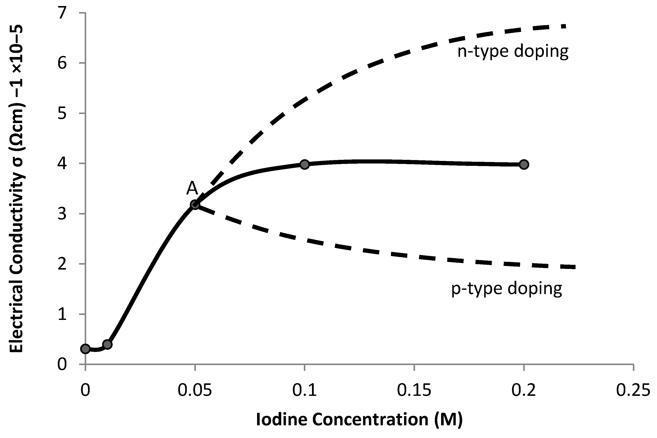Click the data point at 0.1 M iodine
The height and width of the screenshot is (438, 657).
coord(304,164)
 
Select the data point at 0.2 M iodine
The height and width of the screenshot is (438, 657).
coord(524,164)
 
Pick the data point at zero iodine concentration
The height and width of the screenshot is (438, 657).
coord(85,349)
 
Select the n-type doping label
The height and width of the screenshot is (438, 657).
coord(513,52)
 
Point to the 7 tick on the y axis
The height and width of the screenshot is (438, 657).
coord(62,13)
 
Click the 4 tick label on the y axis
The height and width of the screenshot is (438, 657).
coord(62,163)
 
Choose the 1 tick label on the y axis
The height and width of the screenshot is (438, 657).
coord(62,314)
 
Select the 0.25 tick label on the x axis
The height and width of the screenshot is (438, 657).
coord(633,390)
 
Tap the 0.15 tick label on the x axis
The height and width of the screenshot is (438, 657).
coord(414,390)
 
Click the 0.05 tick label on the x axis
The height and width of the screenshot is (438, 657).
coord(195,390)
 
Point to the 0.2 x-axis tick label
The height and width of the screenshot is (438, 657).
coord(524,390)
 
